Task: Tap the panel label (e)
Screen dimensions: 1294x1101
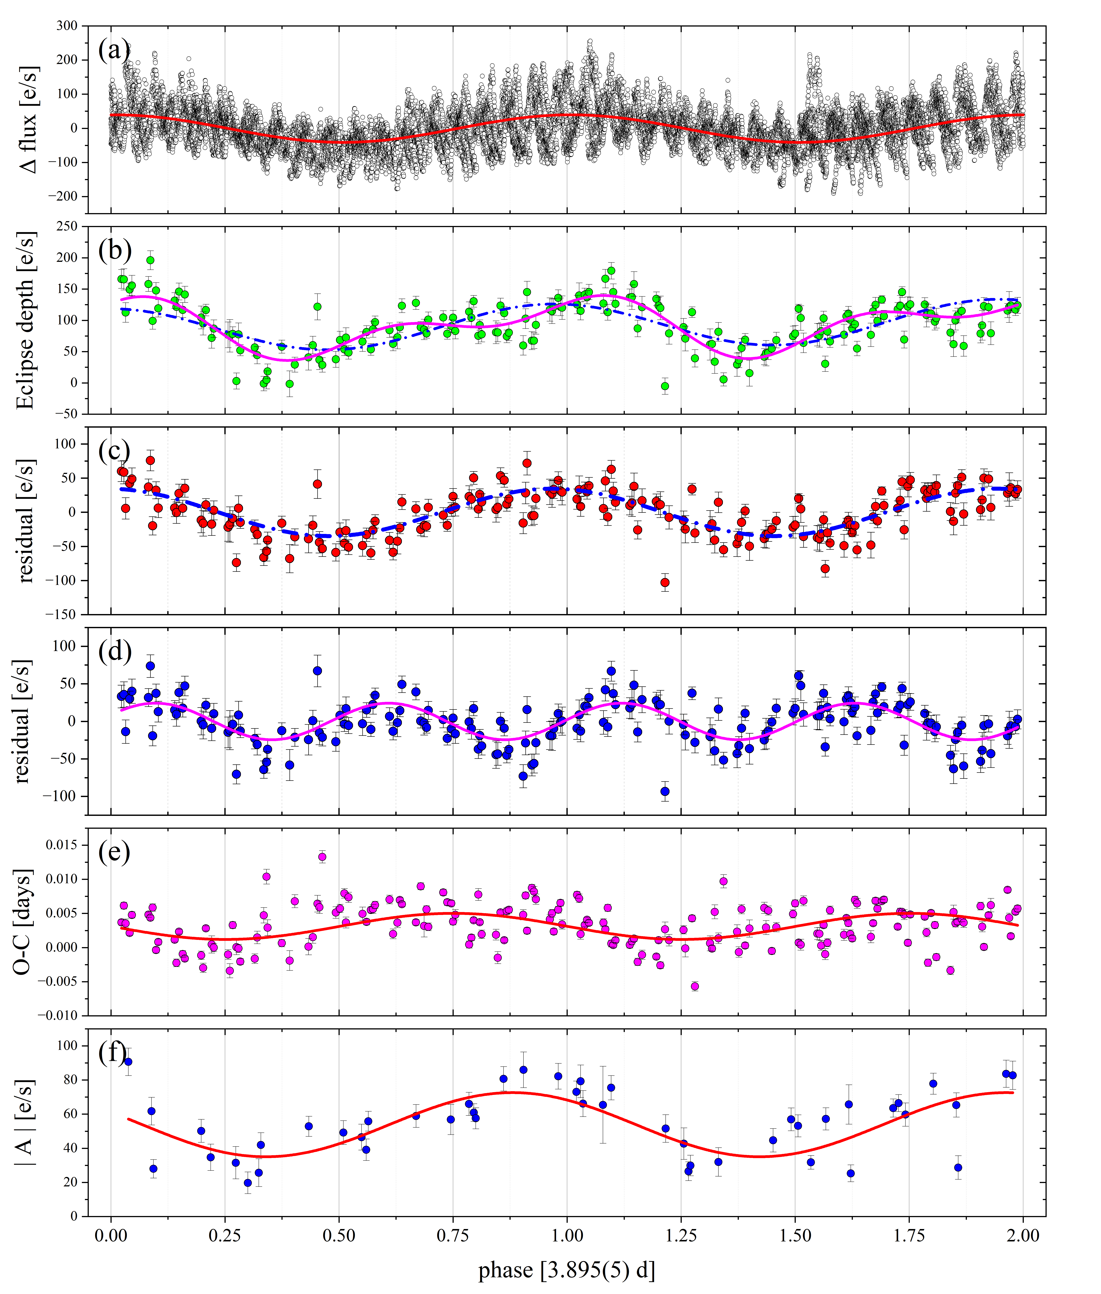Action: (114, 851)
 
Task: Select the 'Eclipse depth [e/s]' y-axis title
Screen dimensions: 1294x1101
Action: (25, 320)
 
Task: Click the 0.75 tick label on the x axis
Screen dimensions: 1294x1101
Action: (453, 1235)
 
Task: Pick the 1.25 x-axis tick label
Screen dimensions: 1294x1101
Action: (680, 1235)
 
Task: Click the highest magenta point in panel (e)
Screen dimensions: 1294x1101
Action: (322, 856)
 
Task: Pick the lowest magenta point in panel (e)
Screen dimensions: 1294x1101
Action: (695, 986)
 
